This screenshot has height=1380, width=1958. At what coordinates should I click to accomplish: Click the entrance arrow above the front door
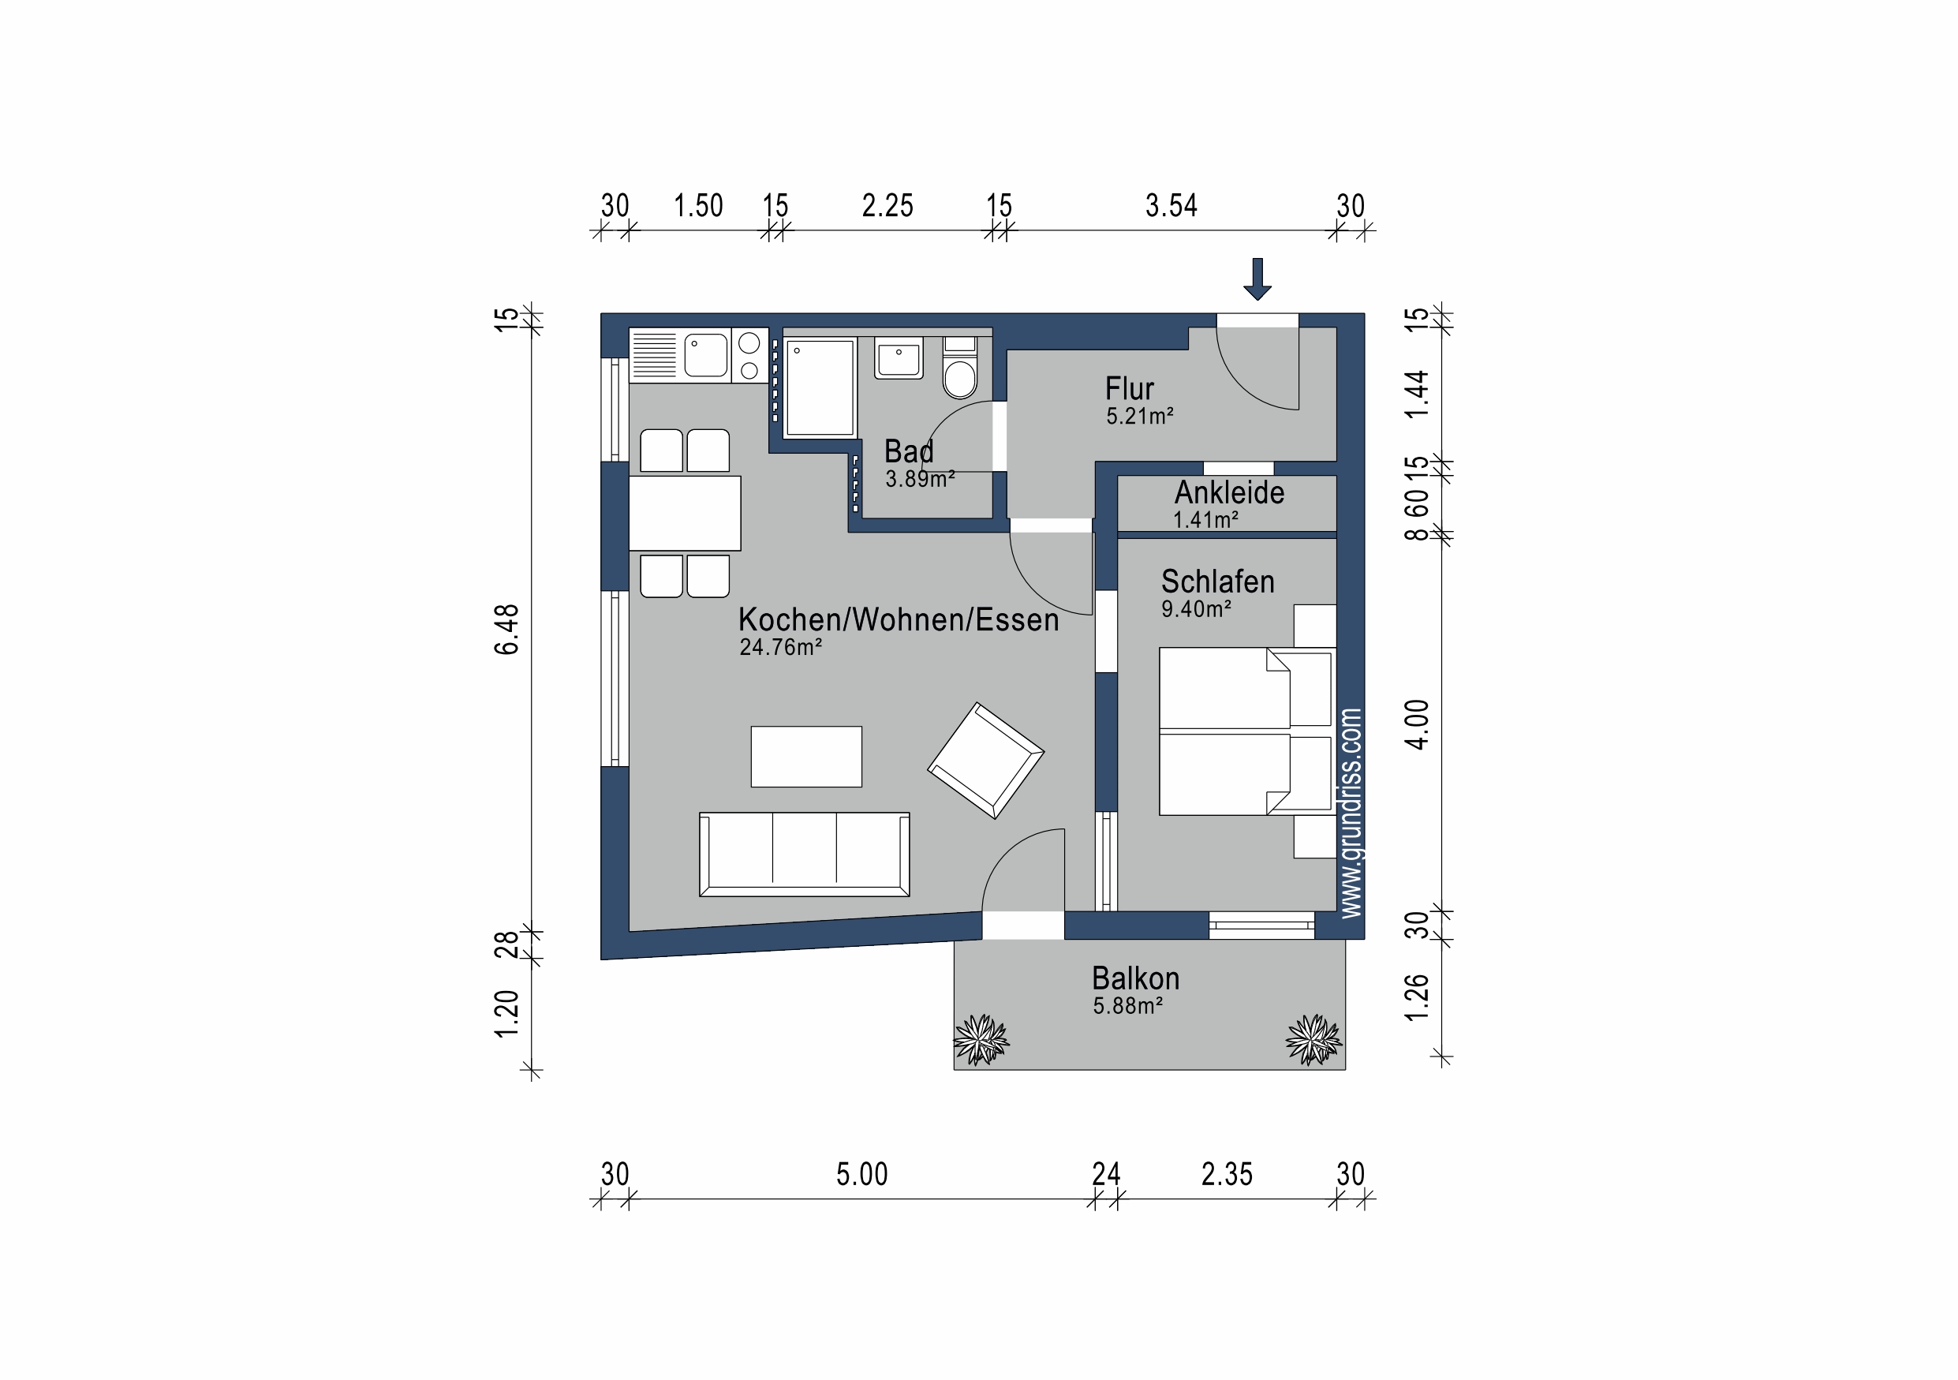pos(1257,279)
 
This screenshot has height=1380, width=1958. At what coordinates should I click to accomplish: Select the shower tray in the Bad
pos(820,388)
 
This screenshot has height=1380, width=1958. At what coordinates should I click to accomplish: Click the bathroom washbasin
pos(899,358)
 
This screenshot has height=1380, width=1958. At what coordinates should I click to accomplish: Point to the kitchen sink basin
pos(705,355)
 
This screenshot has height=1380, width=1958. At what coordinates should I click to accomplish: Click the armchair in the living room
pos(986,761)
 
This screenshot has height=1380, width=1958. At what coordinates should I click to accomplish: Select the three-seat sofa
pos(804,854)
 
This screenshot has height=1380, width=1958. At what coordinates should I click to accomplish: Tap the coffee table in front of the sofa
pos(806,757)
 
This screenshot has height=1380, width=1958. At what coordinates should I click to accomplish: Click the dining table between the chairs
pos(685,513)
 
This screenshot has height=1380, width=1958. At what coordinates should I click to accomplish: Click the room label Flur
pos(1129,389)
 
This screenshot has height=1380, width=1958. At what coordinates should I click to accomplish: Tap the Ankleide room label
pos(1229,492)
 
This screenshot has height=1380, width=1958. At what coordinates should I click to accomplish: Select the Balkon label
pos(1135,978)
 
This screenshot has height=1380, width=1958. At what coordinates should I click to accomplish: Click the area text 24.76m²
pos(780,647)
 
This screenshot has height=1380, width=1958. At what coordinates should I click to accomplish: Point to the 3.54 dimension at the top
pos(1171,206)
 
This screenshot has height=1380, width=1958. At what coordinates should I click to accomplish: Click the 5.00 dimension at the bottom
pos(861,1174)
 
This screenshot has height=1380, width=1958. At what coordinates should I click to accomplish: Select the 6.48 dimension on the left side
pos(506,629)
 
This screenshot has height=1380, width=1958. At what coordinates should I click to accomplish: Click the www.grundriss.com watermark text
pos(1351,813)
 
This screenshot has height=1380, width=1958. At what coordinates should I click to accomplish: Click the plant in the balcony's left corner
pos(981,1040)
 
